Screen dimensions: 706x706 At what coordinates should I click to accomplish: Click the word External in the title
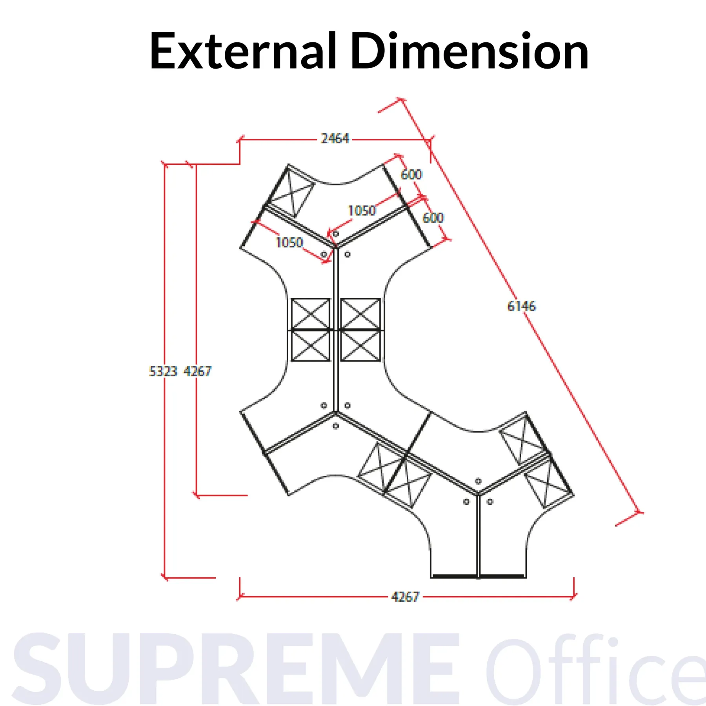[x=243, y=51]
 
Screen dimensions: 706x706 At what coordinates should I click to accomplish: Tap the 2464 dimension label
[x=335, y=138]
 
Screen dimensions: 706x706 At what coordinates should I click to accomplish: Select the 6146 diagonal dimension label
[x=521, y=306]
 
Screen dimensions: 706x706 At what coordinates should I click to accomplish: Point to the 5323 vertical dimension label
[x=163, y=371]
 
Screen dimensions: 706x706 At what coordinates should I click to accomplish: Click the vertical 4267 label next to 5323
[x=198, y=371]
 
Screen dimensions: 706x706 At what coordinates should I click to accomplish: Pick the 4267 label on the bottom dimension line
[x=405, y=597]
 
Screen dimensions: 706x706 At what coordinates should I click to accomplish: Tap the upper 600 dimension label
[x=411, y=174]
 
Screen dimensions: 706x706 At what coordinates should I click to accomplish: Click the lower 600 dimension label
[x=433, y=218]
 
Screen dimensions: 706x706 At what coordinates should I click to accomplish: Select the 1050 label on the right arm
[x=362, y=211]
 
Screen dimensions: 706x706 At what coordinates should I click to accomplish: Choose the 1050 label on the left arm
[x=289, y=242]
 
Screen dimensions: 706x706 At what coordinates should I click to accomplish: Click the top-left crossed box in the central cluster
[x=311, y=314]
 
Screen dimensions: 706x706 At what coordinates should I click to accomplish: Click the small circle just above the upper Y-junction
[x=336, y=234]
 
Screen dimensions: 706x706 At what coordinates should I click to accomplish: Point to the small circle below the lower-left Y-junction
[x=336, y=426]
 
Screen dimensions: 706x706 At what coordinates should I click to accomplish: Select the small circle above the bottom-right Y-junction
[x=478, y=481]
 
